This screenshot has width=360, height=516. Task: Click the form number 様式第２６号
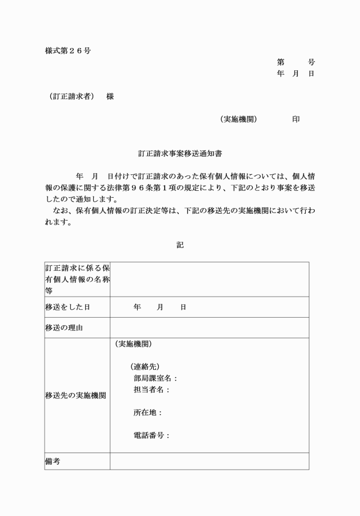tap(68, 51)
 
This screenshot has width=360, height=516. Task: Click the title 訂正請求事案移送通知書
tap(180, 154)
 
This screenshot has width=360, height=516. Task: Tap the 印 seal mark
tap(296, 119)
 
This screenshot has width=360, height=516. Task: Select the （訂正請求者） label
tap(71, 97)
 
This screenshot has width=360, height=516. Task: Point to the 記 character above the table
tap(180, 245)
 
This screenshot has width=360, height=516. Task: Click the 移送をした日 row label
tap(67, 307)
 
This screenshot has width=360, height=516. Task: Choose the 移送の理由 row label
tap(64, 328)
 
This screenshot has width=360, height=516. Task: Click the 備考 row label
tap(53, 461)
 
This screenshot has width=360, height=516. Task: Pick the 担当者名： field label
tap(151, 390)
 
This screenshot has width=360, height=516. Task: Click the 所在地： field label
tap(148, 413)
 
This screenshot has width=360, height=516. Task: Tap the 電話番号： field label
tap(151, 435)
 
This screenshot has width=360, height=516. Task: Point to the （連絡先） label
tap(145, 367)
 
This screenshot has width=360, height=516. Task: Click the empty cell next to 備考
tap(209, 461)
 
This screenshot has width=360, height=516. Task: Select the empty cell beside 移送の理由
tap(209, 328)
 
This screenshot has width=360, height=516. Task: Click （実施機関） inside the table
tap(134, 344)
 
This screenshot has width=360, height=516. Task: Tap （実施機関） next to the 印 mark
tap(238, 119)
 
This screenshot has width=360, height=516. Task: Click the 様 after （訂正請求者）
tap(110, 97)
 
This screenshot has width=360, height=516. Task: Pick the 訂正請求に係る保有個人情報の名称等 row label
tap(77, 279)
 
